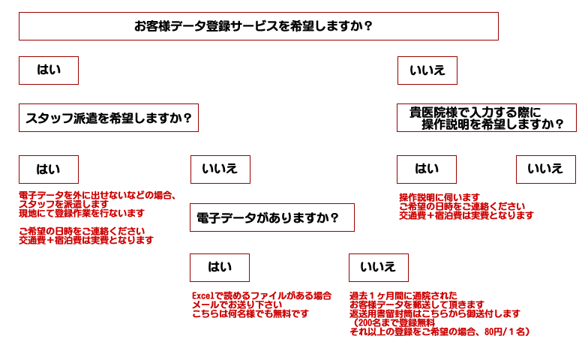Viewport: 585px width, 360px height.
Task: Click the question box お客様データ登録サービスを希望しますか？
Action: pyautogui.click(x=258, y=26)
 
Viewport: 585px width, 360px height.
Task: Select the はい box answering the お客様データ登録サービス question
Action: pyautogui.click(x=49, y=70)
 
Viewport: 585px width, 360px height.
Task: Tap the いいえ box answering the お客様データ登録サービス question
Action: pyautogui.click(x=427, y=70)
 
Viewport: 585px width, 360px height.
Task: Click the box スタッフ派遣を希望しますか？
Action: pyautogui.click(x=108, y=118)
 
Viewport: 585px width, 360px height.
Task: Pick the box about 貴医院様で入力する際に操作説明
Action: pyautogui.click(x=487, y=118)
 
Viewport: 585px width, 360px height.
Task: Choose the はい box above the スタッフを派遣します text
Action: pyautogui.click(x=49, y=169)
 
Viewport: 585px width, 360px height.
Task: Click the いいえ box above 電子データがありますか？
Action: pyautogui.click(x=220, y=169)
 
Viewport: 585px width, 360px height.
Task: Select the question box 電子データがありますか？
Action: pyautogui.click(x=271, y=217)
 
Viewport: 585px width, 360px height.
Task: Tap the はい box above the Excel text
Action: pyautogui.click(x=220, y=268)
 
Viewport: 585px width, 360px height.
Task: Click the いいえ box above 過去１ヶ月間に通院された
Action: pyautogui.click(x=378, y=268)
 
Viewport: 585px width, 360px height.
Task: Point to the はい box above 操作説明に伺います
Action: pyautogui.click(x=427, y=169)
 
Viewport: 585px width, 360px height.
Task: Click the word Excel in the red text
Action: pyautogui.click(x=204, y=295)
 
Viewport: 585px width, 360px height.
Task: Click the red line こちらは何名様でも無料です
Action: pyautogui.click(x=250, y=314)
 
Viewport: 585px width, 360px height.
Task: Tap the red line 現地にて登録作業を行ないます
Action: pyautogui.click(x=82, y=213)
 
